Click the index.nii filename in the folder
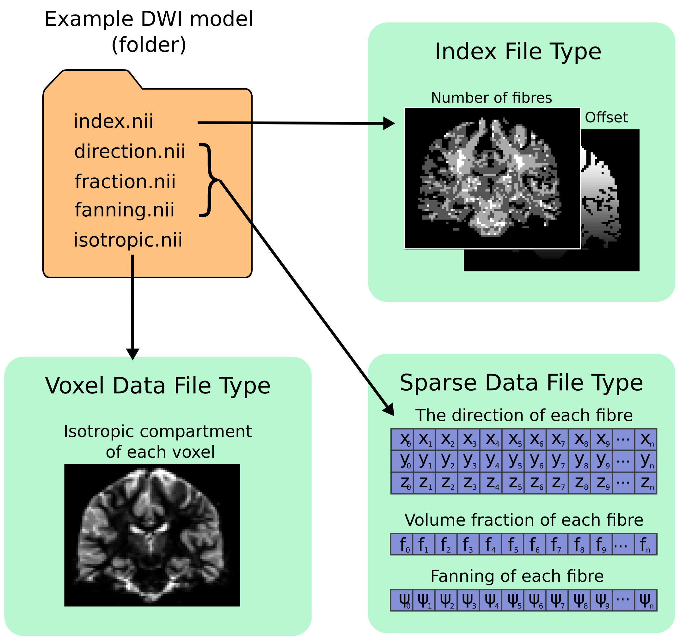click(x=113, y=121)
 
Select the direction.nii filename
click(x=130, y=151)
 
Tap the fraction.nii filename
click(x=125, y=182)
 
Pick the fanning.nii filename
click(x=125, y=210)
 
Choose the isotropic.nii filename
click(x=128, y=240)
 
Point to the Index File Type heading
click(x=518, y=52)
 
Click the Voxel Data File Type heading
click(x=158, y=386)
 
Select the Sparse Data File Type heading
click(x=521, y=383)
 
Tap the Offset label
click(x=606, y=117)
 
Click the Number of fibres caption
click(x=491, y=98)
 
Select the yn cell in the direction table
click(x=646, y=461)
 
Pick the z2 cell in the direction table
click(x=447, y=483)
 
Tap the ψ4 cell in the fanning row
click(x=491, y=600)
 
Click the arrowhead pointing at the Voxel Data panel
click(x=133, y=354)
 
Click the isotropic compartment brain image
click(x=152, y=535)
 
